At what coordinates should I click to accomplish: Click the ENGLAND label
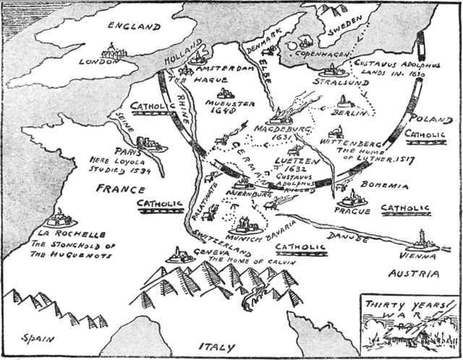133,27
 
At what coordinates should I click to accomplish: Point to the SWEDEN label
346,31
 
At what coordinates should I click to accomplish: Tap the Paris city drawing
151,143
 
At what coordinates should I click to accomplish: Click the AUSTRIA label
414,274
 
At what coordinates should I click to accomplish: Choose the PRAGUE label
352,211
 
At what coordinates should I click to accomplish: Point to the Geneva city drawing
180,255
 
